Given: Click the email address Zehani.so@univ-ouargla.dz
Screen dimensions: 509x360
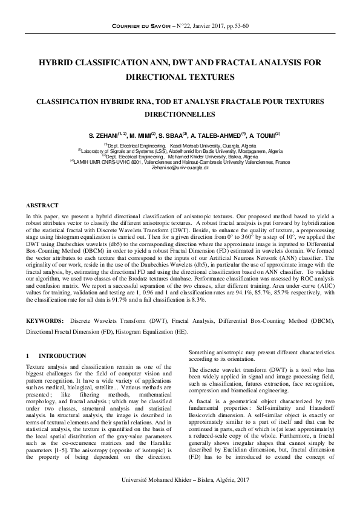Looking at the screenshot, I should (x=180, y=167).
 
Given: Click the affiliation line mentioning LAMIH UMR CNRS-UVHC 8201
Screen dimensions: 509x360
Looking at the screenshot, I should (x=180, y=161).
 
